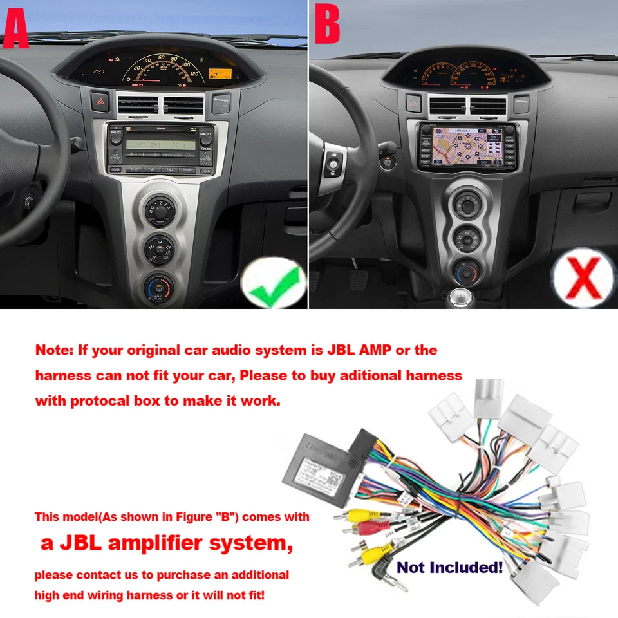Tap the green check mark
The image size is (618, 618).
[x=274, y=283]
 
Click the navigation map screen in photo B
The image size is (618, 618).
[x=464, y=146]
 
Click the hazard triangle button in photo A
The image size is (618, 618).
[x=101, y=101]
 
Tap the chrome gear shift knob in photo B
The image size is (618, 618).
[x=458, y=297]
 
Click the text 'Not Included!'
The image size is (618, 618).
[x=449, y=567]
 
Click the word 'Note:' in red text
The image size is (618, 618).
[x=54, y=351]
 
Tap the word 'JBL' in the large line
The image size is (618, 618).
[x=82, y=543]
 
